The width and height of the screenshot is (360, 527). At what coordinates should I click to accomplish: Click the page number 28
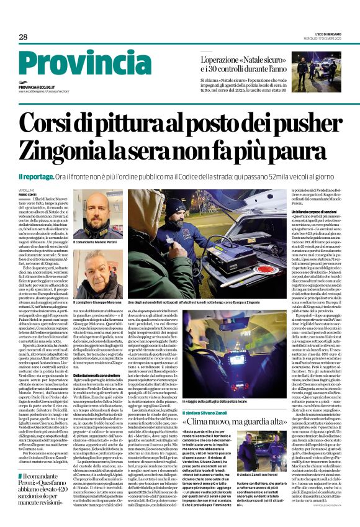22,37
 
